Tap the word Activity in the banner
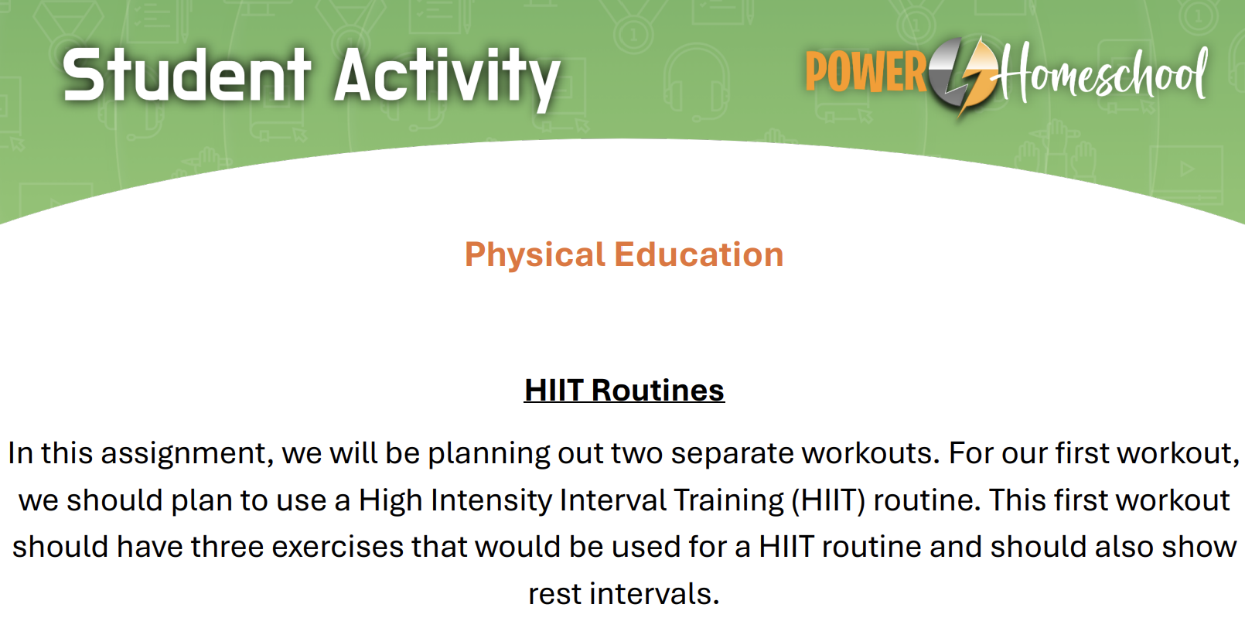[447, 79]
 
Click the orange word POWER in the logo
[866, 71]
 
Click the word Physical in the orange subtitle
[534, 255]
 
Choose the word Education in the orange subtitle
[698, 254]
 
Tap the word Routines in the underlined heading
[658, 390]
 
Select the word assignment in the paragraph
[187, 453]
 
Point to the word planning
[489, 453]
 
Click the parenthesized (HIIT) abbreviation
[828, 500]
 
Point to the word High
[391, 500]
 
